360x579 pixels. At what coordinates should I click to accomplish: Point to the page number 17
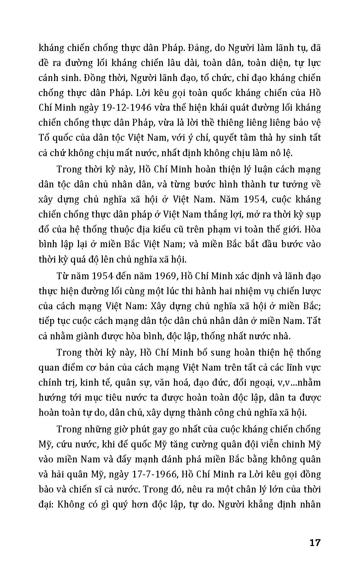(x=315, y=543)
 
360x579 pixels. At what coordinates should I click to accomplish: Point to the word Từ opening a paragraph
(x=63, y=276)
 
